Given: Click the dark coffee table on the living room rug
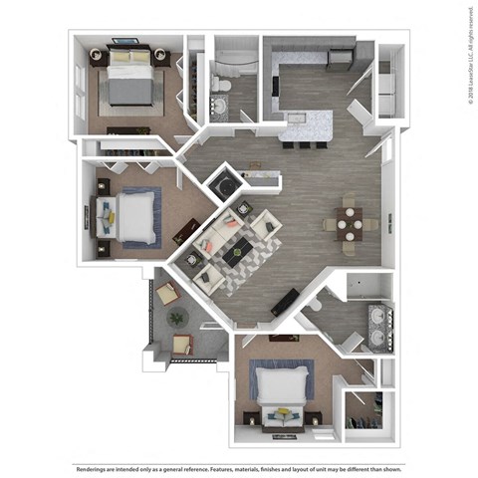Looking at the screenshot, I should pos(239,253).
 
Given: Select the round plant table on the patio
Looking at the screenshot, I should pos(178,318).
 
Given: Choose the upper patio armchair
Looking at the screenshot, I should pos(167,293).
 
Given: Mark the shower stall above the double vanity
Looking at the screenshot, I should pos(368,288).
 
